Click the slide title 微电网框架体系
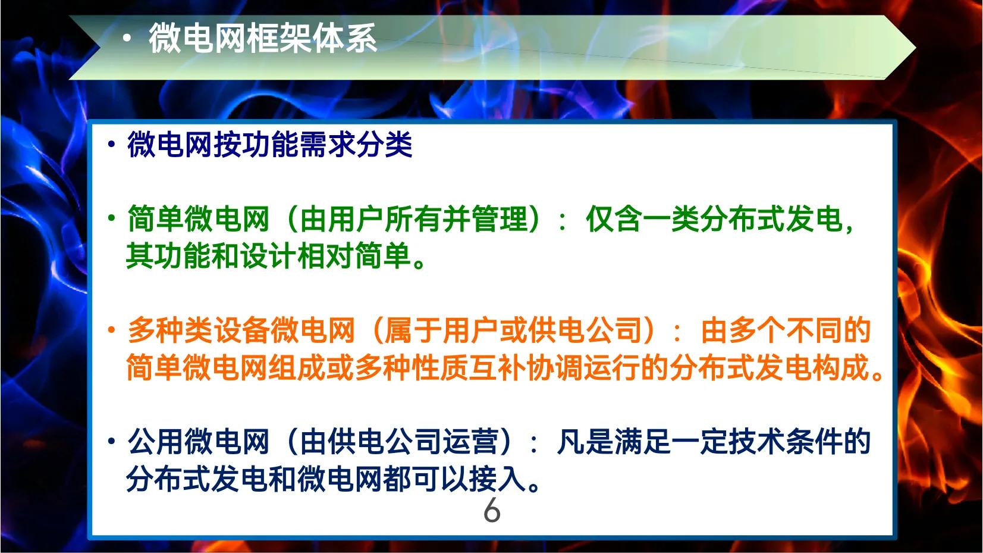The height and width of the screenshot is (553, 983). point(262,39)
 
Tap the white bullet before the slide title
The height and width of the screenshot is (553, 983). point(126,39)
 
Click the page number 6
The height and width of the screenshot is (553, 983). point(492,511)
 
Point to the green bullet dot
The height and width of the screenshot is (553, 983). point(112,218)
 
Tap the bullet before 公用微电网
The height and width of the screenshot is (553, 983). point(112,441)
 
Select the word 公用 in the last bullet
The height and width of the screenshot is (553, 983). point(155,442)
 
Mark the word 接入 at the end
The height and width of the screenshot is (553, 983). point(498,480)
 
